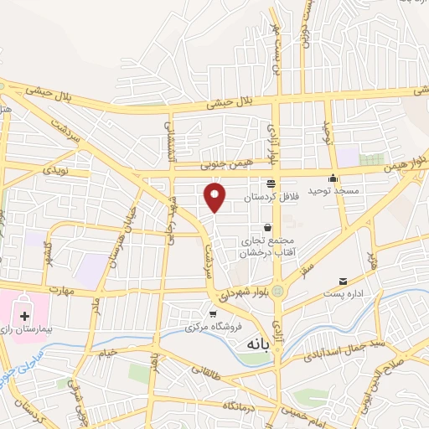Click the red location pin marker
point(216,196)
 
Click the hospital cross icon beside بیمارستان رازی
point(24,317)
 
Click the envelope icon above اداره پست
point(343,281)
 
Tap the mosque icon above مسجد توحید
point(333,178)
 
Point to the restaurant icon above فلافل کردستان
point(270,183)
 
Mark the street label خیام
point(106,355)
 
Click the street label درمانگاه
point(215,406)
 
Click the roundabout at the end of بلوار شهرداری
point(277,291)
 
